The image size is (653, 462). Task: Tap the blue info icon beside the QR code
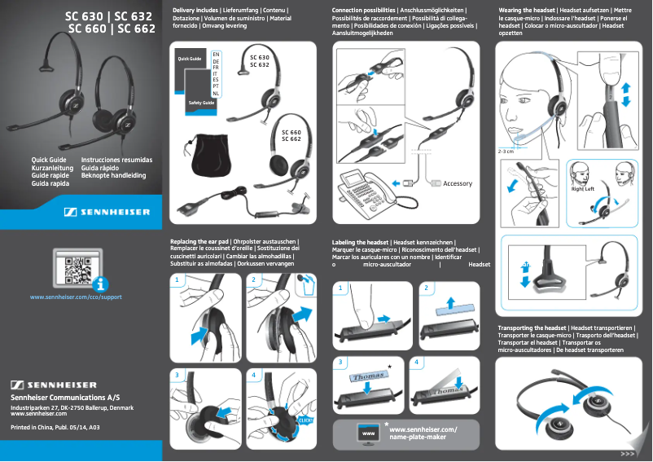(100, 284)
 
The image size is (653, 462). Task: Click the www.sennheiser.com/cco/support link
(76, 297)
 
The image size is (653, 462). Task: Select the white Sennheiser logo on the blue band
(107, 213)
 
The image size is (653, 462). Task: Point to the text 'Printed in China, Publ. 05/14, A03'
(55, 427)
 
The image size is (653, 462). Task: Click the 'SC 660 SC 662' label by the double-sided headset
(291, 135)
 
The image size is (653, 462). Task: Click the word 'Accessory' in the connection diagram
(457, 183)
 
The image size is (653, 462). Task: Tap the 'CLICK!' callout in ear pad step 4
(306, 420)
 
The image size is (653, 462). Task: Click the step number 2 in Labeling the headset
(426, 288)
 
